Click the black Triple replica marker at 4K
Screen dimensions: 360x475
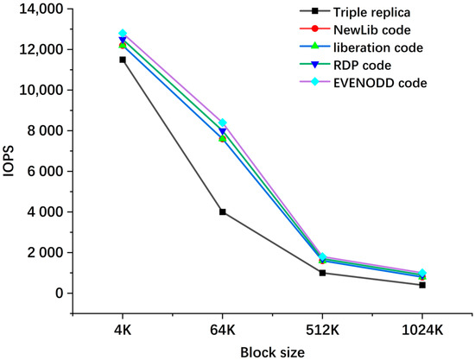(122, 60)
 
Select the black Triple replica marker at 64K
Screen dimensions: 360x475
(223, 212)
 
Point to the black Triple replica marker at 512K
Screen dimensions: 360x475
(322, 273)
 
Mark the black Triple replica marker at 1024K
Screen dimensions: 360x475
(422, 285)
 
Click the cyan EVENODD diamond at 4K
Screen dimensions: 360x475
(122, 34)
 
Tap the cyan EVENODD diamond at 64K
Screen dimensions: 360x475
(223, 123)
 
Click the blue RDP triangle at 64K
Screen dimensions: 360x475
(223, 131)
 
